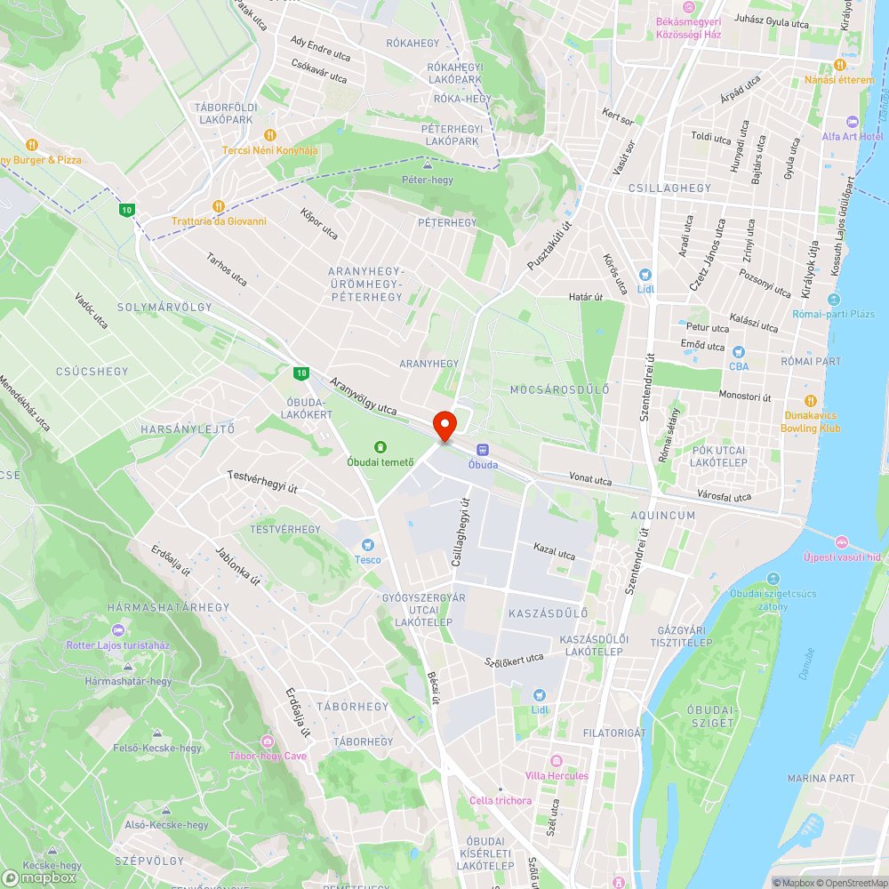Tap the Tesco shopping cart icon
coord(368,545)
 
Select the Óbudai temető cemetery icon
coord(380,447)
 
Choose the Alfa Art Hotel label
coord(852,136)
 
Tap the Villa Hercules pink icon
coord(557,761)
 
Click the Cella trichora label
coord(501,800)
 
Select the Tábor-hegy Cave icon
coord(268,741)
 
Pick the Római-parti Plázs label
coord(840,313)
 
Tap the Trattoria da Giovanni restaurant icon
coord(219,206)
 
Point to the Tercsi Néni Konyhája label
coord(269,149)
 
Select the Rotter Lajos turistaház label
coord(117,645)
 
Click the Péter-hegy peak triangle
coord(428,165)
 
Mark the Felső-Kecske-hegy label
coord(157,748)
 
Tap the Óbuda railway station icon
coord(483,450)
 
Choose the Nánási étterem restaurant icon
coord(840,65)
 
